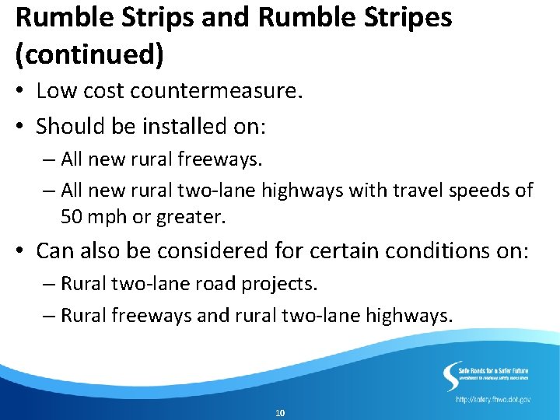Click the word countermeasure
tap(216, 92)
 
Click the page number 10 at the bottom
tap(280, 412)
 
